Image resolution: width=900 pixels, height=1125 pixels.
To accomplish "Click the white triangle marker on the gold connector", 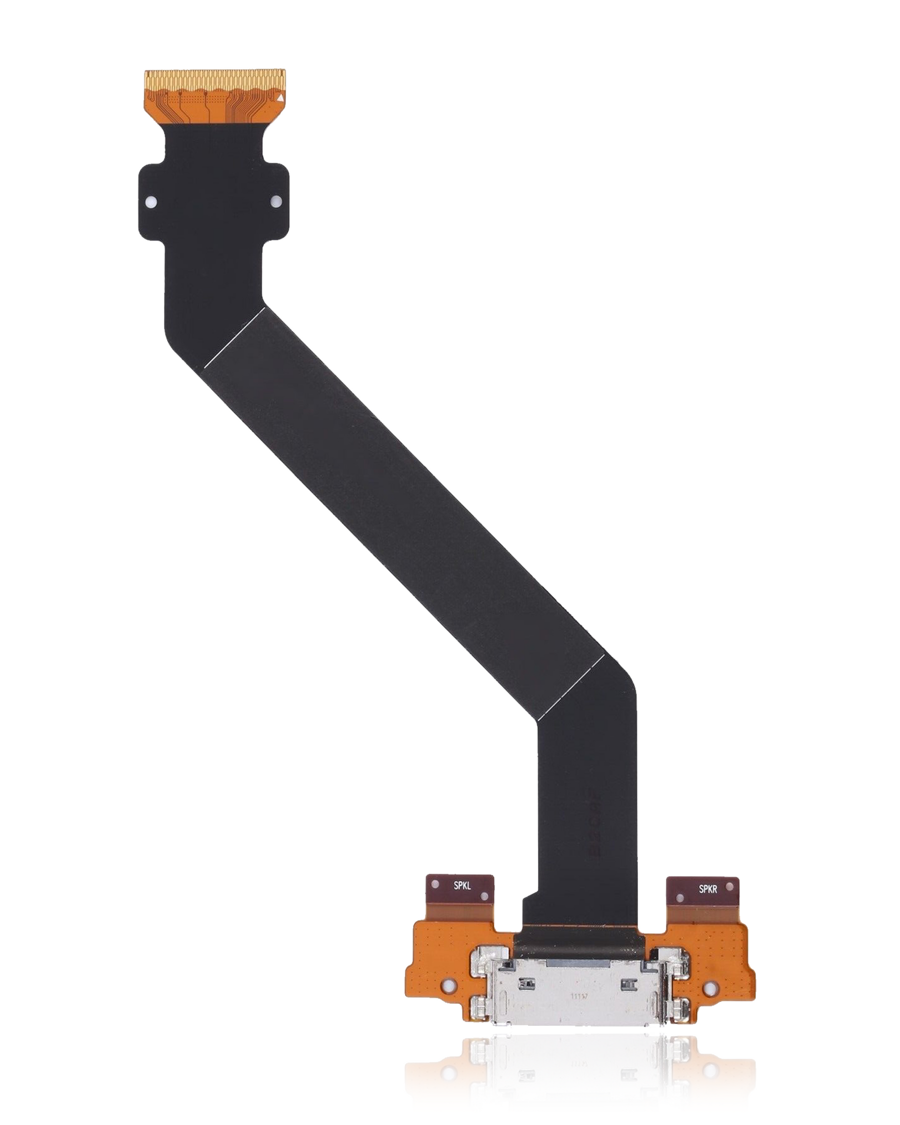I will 280,97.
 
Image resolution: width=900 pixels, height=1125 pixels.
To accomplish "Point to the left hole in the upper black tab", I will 152,201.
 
